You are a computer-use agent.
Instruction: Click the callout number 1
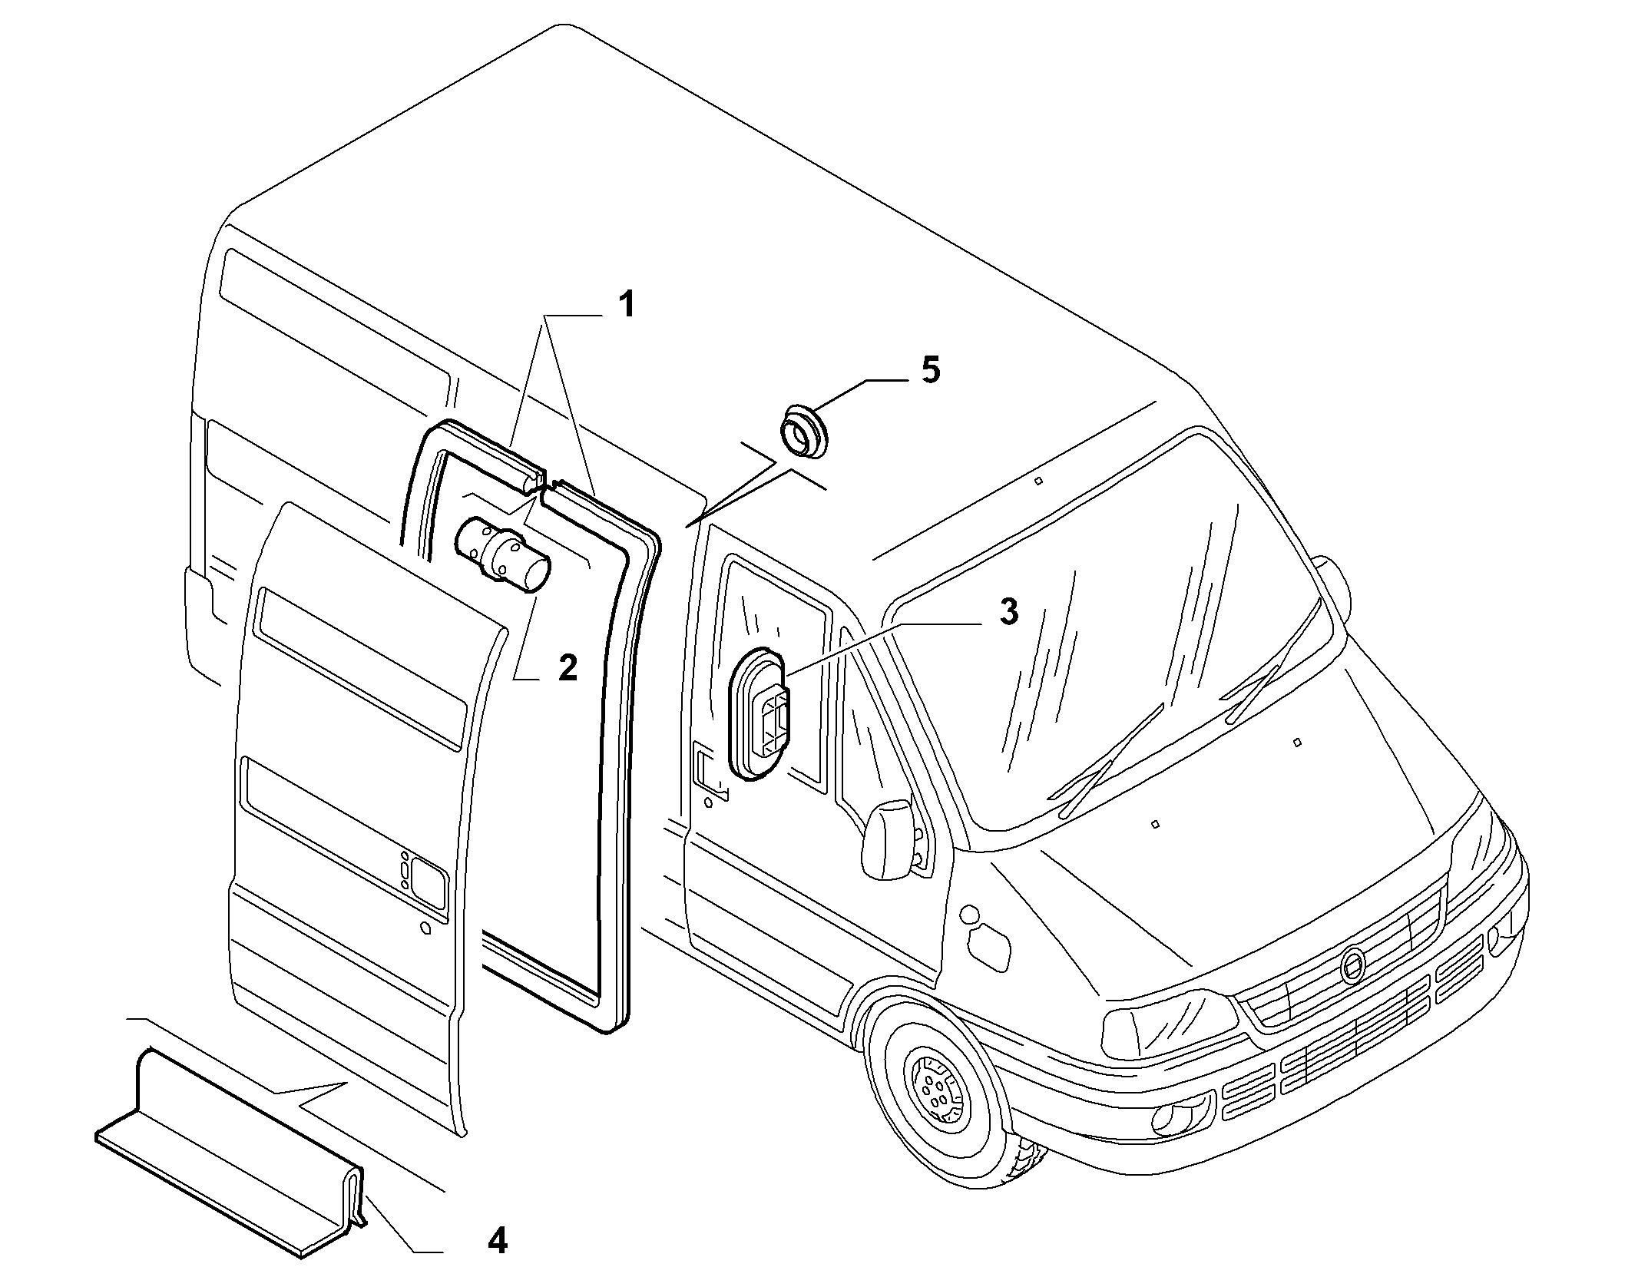[x=627, y=304]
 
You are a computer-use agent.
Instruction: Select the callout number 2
[x=567, y=667]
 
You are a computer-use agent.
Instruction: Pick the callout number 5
[x=930, y=370]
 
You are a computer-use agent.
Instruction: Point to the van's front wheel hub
[x=934, y=1093]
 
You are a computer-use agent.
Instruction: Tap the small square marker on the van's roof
[x=1037, y=481]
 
